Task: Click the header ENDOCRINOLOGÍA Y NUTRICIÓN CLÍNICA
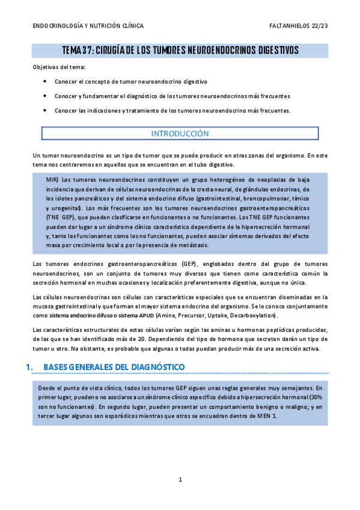click(x=88, y=26)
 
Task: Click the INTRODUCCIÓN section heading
click(x=180, y=134)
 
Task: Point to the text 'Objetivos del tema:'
click(x=58, y=67)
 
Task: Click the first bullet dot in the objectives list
click(x=46, y=81)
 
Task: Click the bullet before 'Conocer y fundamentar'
click(x=46, y=96)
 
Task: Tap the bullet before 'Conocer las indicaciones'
click(x=46, y=111)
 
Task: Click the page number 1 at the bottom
click(x=180, y=479)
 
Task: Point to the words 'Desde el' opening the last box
click(x=50, y=388)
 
